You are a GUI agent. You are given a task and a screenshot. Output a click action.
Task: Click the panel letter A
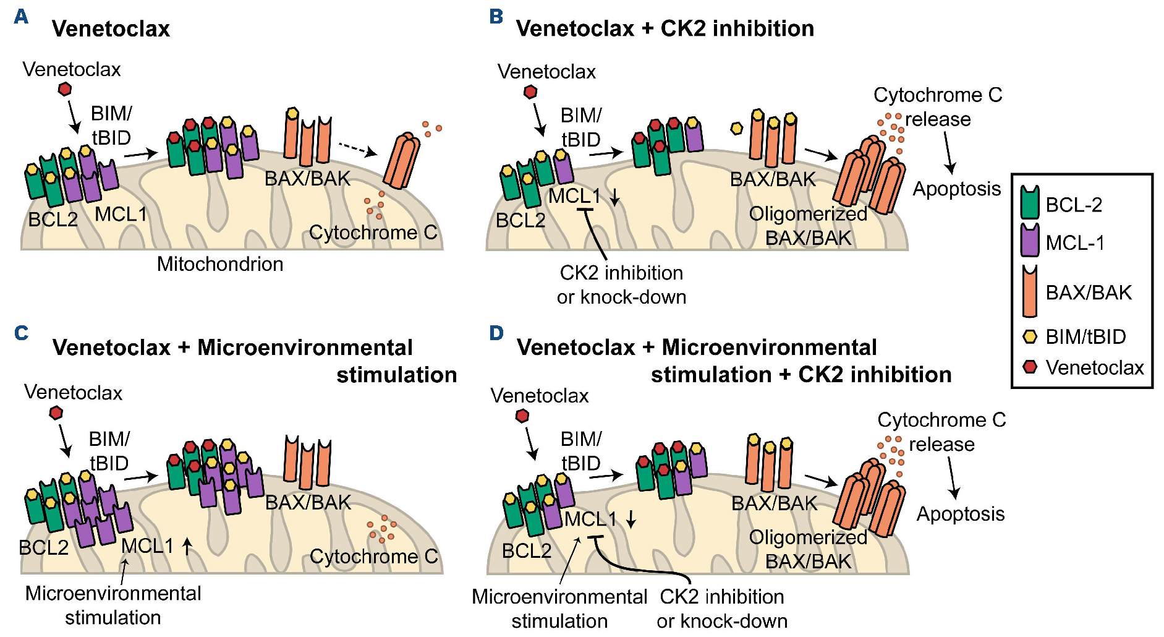[x=21, y=17]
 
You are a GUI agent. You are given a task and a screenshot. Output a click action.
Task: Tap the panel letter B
[x=496, y=17]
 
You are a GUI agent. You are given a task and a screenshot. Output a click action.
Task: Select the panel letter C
[x=21, y=333]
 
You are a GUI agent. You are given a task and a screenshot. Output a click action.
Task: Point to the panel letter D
[x=496, y=333]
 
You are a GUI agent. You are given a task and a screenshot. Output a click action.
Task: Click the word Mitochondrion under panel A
[x=220, y=264]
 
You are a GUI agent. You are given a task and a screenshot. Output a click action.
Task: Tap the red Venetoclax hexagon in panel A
[x=64, y=89]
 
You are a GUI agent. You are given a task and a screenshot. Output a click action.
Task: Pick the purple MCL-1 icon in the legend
[x=1030, y=241]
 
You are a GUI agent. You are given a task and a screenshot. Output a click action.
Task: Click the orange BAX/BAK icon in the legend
[x=1030, y=291]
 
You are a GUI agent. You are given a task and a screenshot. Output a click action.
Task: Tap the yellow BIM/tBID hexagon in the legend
[x=1030, y=336]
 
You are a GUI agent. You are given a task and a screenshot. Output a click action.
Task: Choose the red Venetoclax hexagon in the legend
[x=1030, y=367]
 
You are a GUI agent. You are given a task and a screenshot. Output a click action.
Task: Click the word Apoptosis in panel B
[x=957, y=189]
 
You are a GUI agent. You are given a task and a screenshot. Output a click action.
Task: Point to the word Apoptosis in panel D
[x=961, y=514]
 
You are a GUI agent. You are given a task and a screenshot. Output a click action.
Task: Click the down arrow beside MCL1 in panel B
[x=615, y=197]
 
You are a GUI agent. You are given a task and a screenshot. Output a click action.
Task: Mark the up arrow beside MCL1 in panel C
[x=187, y=545]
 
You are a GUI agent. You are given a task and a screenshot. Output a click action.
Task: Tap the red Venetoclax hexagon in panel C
[x=56, y=413]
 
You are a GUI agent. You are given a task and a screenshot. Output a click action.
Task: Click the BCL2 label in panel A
[x=53, y=219]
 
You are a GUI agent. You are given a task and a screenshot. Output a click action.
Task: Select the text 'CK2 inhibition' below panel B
[x=621, y=273]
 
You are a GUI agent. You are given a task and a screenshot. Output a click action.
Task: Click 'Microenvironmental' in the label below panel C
[x=113, y=594]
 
